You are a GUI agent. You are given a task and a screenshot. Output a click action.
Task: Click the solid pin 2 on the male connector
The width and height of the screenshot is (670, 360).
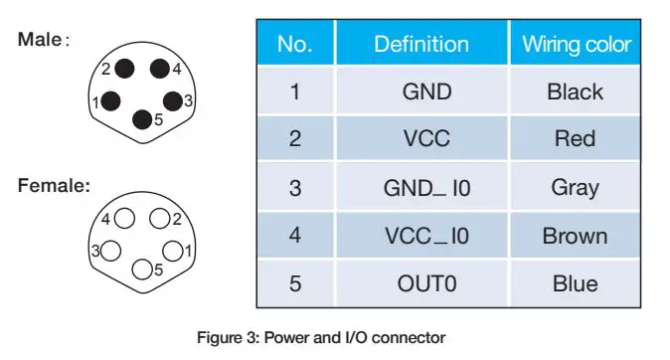tap(125, 69)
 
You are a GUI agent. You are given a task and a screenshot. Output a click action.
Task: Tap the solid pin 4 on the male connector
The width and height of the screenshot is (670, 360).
tap(158, 69)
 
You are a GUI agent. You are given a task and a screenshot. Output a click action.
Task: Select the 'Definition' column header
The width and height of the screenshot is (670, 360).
tap(421, 45)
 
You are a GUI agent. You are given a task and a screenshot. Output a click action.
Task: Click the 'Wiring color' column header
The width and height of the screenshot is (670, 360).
tap(577, 45)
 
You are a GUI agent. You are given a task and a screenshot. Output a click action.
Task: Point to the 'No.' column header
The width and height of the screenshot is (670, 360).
tap(294, 45)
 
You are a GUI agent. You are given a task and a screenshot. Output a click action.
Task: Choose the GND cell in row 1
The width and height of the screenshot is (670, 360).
tap(426, 92)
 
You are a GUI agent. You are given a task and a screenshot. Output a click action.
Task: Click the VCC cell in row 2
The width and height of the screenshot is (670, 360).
tap(426, 138)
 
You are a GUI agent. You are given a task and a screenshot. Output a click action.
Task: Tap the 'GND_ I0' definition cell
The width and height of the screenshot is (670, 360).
tap(426, 187)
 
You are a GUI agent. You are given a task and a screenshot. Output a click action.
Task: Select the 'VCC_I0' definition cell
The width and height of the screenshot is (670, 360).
tap(426, 236)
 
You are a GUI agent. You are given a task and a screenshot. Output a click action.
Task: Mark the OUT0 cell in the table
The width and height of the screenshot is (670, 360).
tap(426, 283)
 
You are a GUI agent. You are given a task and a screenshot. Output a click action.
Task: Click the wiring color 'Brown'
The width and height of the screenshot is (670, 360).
tap(575, 236)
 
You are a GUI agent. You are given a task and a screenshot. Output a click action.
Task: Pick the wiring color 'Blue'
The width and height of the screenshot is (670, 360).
tap(575, 283)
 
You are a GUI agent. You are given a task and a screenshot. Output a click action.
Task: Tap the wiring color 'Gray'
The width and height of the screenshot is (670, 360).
tap(575, 187)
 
